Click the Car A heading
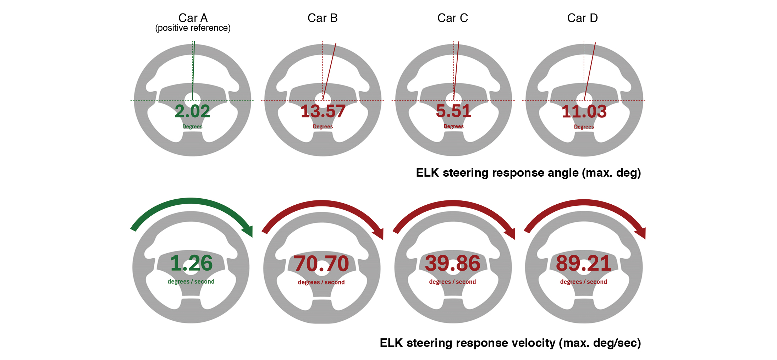click(x=193, y=18)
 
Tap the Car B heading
click(x=323, y=18)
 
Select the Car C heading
click(x=452, y=18)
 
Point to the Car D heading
click(x=582, y=18)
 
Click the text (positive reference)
click(x=193, y=28)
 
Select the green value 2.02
click(x=192, y=111)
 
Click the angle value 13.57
click(x=323, y=111)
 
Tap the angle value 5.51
click(x=453, y=111)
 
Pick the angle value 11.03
click(x=584, y=111)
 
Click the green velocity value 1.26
click(x=191, y=263)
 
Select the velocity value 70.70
click(x=321, y=264)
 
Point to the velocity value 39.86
click(x=452, y=263)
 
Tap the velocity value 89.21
click(x=583, y=263)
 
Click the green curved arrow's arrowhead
click(x=248, y=231)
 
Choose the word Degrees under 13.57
click(x=323, y=127)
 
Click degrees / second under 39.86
click(x=452, y=282)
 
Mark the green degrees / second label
click(x=191, y=282)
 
